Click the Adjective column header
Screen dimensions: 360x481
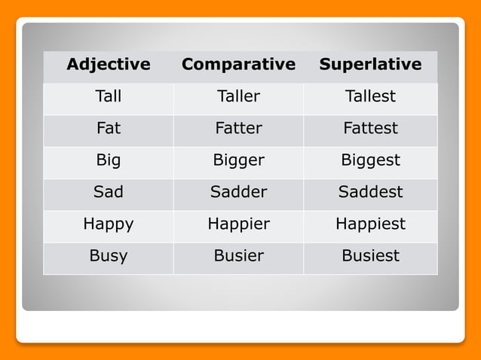click(x=109, y=64)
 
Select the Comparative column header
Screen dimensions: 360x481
click(x=238, y=64)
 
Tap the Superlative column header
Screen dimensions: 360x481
click(x=370, y=64)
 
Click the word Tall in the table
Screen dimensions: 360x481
click(x=109, y=96)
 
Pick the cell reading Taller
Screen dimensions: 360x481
click(x=238, y=96)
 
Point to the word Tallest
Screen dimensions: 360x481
click(x=370, y=96)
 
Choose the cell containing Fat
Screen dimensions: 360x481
click(x=109, y=128)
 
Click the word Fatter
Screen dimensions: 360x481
click(x=238, y=128)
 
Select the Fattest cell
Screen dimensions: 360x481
click(x=370, y=128)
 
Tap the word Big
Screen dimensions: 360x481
click(x=109, y=160)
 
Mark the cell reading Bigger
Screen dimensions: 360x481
click(x=238, y=160)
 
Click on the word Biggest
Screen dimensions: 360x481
click(x=370, y=160)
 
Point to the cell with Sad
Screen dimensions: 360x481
click(x=109, y=192)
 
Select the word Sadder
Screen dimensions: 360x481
click(x=238, y=192)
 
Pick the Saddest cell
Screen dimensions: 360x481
click(x=370, y=192)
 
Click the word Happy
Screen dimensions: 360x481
click(x=109, y=224)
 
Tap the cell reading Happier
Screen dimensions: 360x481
click(x=238, y=224)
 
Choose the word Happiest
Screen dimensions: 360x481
click(x=370, y=224)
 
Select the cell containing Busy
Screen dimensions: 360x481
click(x=109, y=255)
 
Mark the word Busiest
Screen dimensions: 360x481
click(x=370, y=255)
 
